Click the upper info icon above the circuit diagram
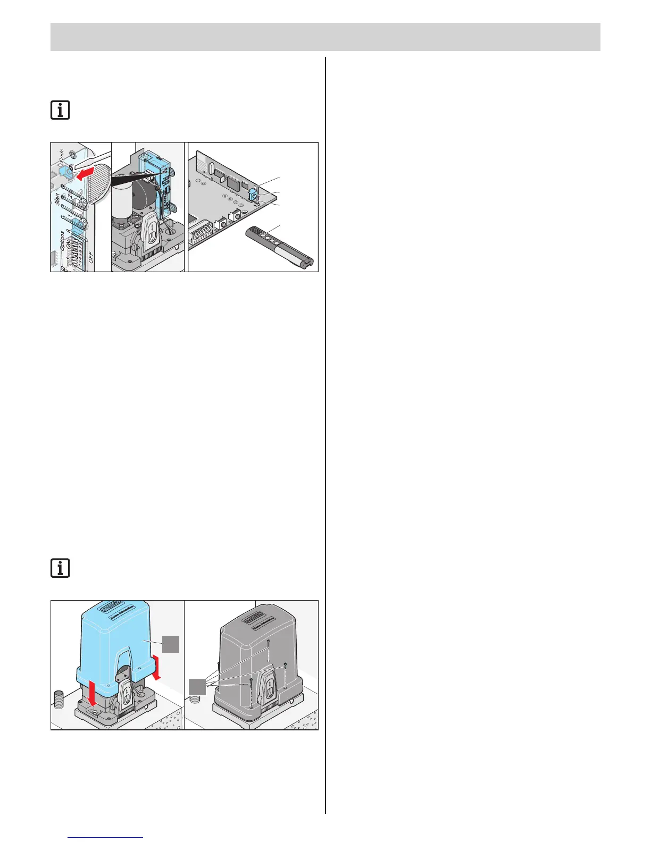pos(60,111)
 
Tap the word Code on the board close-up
pos(62,155)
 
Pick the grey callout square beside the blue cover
pos(171,645)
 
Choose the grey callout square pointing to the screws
pos(197,686)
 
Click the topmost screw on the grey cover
pos(269,642)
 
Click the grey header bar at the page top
pos(325,37)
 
